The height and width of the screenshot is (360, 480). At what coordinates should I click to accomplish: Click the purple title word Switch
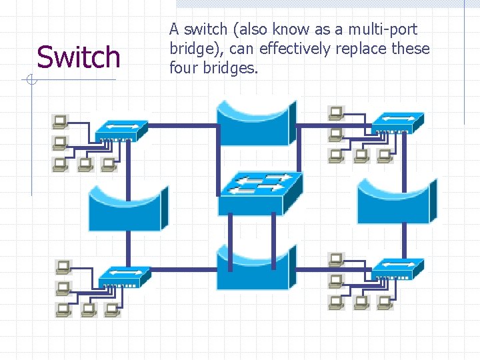[x=79, y=57]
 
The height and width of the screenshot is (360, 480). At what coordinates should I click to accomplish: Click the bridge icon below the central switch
[x=256, y=267]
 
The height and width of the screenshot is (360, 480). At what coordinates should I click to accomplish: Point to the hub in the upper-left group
[x=121, y=131]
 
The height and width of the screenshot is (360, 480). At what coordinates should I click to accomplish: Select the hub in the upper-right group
[x=397, y=122]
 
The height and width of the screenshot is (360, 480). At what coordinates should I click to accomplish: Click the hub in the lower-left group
[x=124, y=276]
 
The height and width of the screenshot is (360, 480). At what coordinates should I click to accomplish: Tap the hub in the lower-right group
[x=397, y=267]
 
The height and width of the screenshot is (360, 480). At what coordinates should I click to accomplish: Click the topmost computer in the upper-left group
[x=61, y=121]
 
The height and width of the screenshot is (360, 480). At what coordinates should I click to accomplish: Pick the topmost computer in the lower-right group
[x=336, y=259]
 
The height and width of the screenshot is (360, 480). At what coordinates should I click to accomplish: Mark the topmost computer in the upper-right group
[x=335, y=113]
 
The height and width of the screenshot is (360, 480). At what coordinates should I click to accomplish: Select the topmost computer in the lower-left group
[x=63, y=267]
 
